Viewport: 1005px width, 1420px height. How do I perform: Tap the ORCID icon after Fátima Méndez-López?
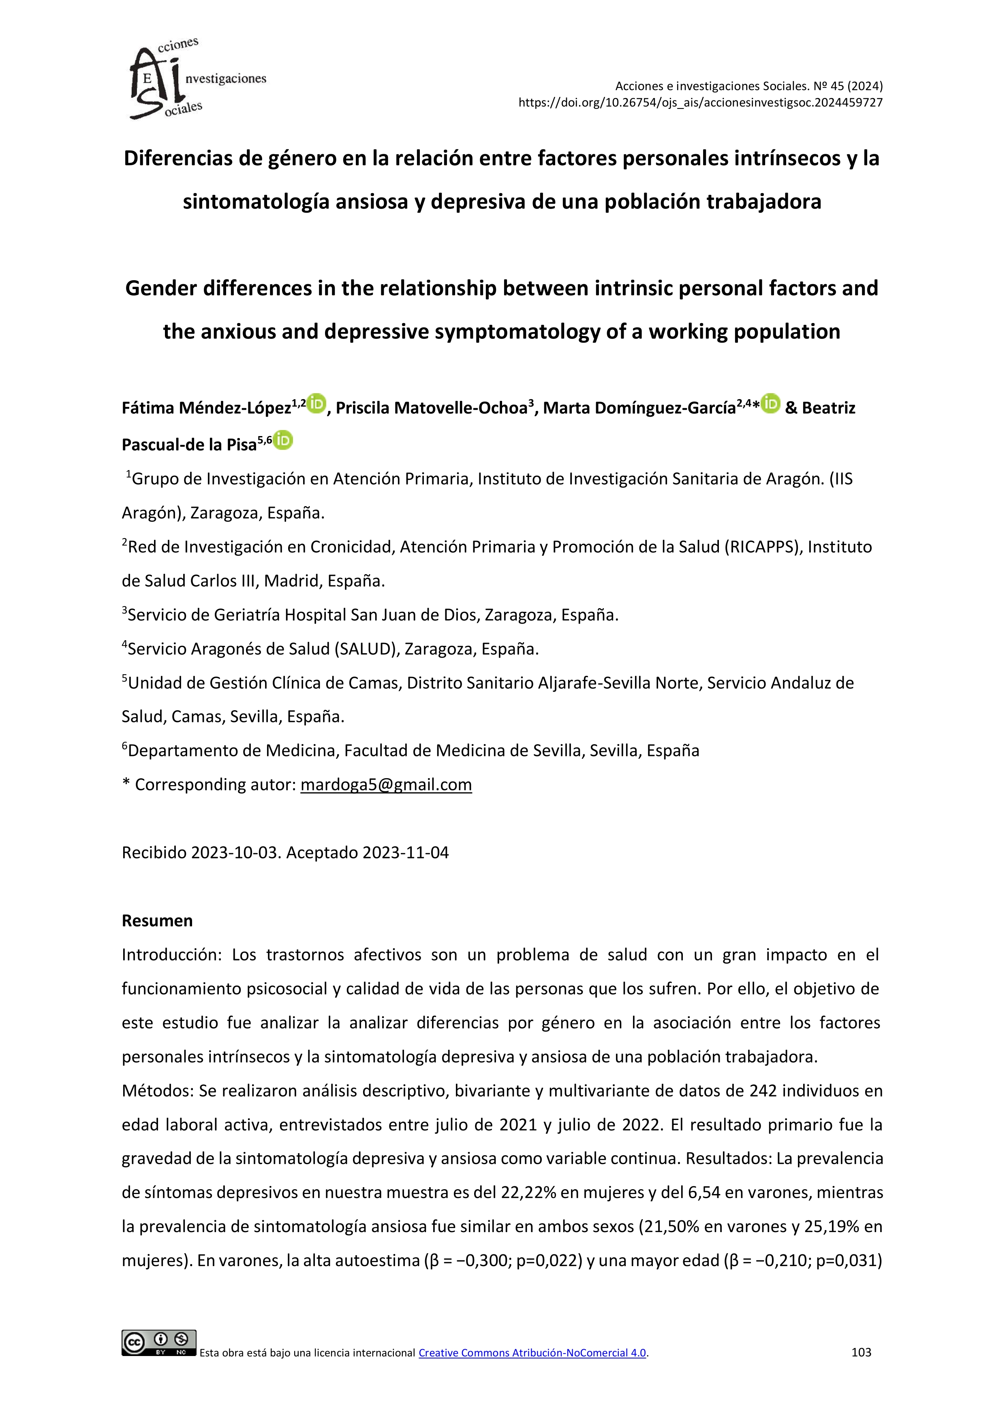tap(316, 404)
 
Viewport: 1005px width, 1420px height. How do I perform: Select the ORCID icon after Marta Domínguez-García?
tap(770, 404)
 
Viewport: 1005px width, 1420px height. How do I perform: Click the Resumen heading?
tap(157, 920)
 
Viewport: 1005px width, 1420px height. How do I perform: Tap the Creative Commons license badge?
tap(159, 1342)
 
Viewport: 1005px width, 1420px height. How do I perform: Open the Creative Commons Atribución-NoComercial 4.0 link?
tap(532, 1353)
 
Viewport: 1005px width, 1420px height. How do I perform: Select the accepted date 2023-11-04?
tap(405, 852)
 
